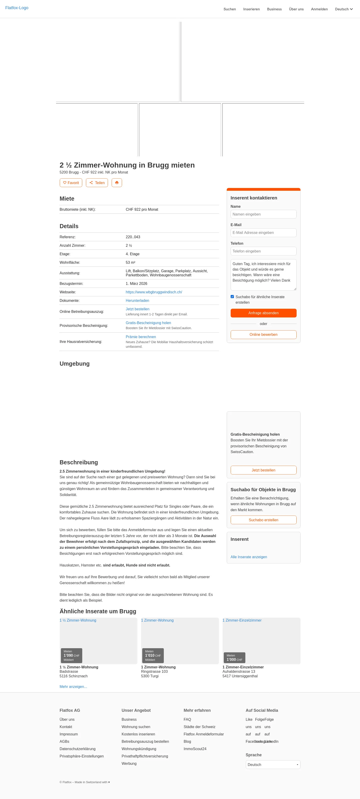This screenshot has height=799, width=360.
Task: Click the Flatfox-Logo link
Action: [x=17, y=8]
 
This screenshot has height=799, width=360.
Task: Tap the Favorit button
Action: [x=71, y=183]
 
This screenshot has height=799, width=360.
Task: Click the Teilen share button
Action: [x=97, y=183]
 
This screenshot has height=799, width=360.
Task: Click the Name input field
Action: [x=263, y=214]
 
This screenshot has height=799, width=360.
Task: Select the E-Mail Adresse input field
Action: [x=263, y=233]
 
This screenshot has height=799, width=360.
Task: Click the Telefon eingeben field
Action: [x=263, y=251]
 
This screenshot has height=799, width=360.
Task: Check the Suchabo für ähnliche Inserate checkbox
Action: [x=232, y=297]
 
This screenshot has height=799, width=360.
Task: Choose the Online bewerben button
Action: [x=263, y=334]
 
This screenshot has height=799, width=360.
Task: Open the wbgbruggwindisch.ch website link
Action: [x=154, y=292]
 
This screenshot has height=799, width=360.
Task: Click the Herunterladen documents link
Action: [x=137, y=300]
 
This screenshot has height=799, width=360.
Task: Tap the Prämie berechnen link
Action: [x=141, y=337]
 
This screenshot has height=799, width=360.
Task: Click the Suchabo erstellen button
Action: [x=263, y=520]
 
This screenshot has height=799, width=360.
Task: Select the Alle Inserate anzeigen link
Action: [x=249, y=557]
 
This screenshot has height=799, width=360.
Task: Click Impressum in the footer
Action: [x=69, y=734]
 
